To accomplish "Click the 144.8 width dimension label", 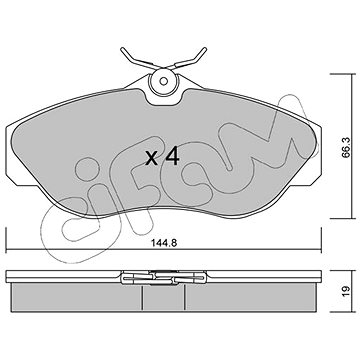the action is click(x=164, y=243).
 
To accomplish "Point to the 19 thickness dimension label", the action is click(x=346, y=291).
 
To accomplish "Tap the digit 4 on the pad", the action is click(x=172, y=156).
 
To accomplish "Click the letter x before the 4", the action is click(x=152, y=159).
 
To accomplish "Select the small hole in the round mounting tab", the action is click(x=163, y=81).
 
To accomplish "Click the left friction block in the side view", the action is click(x=77, y=297).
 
